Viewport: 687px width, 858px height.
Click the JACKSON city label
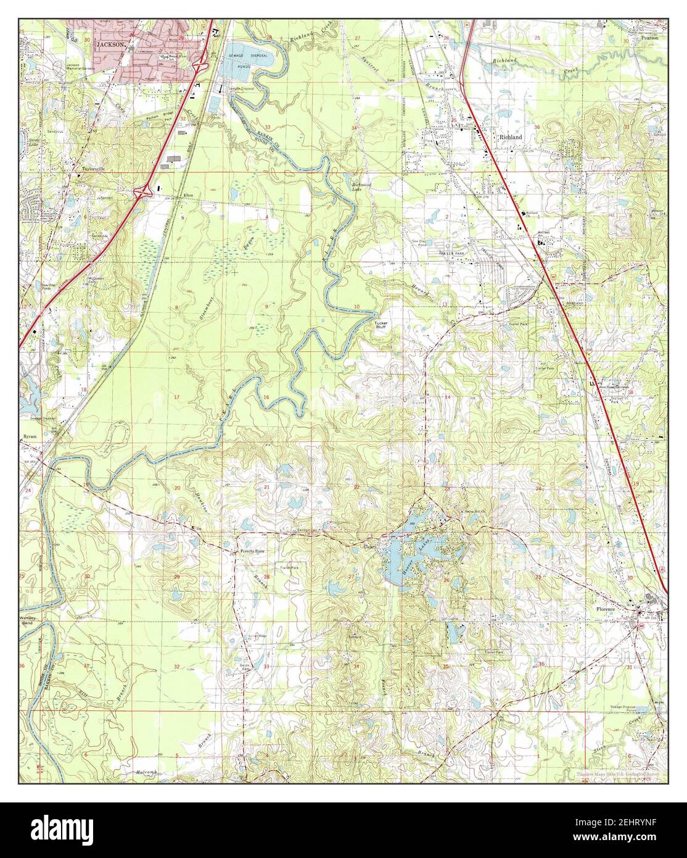click(x=112, y=45)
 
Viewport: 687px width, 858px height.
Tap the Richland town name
click(x=512, y=136)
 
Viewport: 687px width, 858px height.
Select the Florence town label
click(x=606, y=609)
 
